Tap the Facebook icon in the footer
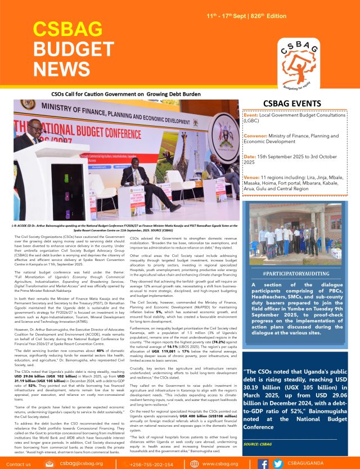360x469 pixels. [x=263, y=463]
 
